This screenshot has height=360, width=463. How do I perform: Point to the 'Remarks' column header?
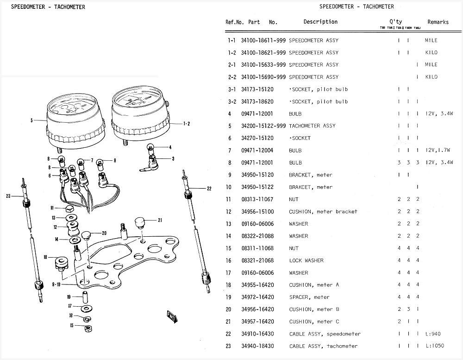[x=438, y=22]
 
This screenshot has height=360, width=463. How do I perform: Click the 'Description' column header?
[x=320, y=22]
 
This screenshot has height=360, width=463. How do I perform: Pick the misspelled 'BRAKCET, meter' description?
[x=311, y=187]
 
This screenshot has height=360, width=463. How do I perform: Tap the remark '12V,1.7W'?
[x=438, y=150]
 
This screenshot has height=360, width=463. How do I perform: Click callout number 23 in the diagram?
[x=8, y=196]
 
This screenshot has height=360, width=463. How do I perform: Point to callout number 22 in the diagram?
[x=209, y=189]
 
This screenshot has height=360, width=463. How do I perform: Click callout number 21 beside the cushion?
[x=160, y=220]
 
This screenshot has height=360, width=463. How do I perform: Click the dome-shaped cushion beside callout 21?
[x=140, y=222]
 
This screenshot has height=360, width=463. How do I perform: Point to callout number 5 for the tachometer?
[x=32, y=120]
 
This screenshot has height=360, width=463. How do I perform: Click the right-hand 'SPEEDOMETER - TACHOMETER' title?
[x=357, y=6]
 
